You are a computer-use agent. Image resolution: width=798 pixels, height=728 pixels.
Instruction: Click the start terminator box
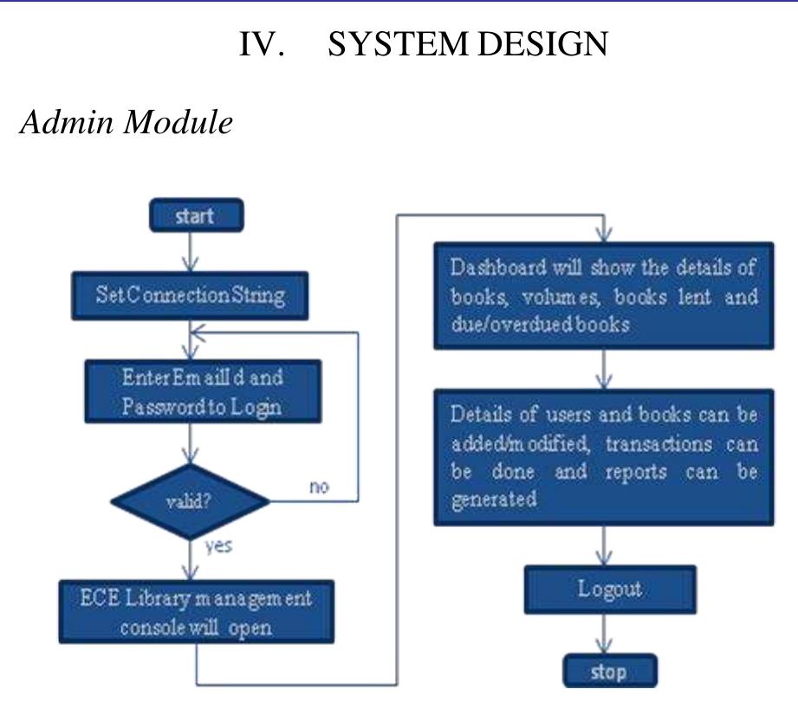(x=195, y=216)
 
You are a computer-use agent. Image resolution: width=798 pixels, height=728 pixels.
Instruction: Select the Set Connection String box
(x=191, y=295)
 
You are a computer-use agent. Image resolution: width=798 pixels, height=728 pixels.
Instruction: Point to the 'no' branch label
(x=319, y=486)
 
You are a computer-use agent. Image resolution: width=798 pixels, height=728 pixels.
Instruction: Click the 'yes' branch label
(x=218, y=546)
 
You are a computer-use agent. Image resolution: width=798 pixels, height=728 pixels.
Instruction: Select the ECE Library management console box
(x=196, y=612)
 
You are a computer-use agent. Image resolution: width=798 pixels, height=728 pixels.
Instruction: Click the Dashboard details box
(x=604, y=295)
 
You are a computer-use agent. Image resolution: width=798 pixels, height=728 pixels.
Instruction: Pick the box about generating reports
(x=604, y=457)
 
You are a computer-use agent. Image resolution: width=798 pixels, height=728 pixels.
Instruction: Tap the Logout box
(x=609, y=589)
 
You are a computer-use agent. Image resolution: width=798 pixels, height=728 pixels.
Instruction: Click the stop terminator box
(x=609, y=672)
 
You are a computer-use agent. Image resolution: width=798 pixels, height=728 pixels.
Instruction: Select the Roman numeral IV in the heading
(x=262, y=44)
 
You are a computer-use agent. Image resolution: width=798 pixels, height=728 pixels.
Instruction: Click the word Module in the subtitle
(x=178, y=121)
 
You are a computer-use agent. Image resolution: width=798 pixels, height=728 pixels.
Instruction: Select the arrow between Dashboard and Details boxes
(x=605, y=370)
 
